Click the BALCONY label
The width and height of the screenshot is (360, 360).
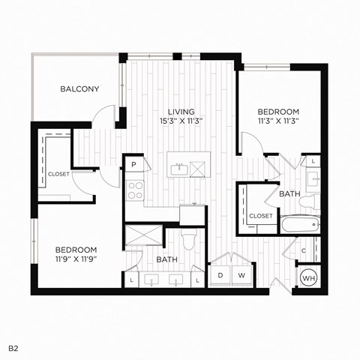(79, 89)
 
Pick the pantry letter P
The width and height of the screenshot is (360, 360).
(133, 164)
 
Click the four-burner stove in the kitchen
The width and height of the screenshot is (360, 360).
(135, 190)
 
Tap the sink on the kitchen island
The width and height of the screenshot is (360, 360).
(180, 169)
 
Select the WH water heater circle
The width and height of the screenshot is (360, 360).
(308, 278)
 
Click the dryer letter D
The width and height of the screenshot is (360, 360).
(221, 276)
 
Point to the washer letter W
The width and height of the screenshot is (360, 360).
(242, 276)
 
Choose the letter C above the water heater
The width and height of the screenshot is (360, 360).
(303, 251)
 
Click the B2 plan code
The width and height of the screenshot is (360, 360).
(13, 348)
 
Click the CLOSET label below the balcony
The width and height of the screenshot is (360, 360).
(58, 174)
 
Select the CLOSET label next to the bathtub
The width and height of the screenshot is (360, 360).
(261, 216)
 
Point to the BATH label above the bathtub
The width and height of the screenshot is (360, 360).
(289, 194)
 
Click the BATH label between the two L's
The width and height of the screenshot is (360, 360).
(166, 260)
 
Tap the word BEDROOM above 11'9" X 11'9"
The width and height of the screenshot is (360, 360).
(76, 249)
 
